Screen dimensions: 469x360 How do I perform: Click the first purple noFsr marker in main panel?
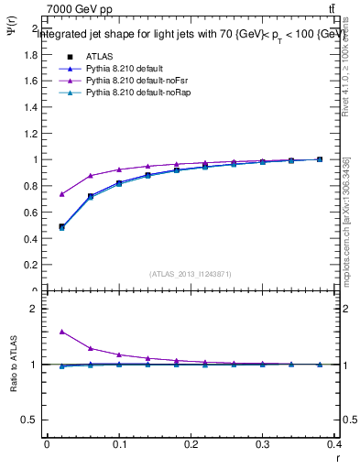pyautogui.click(x=61, y=194)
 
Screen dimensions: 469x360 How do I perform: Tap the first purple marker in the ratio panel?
pyautogui.click(x=61, y=332)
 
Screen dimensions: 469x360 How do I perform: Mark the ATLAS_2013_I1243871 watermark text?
pyautogui.click(x=191, y=274)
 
